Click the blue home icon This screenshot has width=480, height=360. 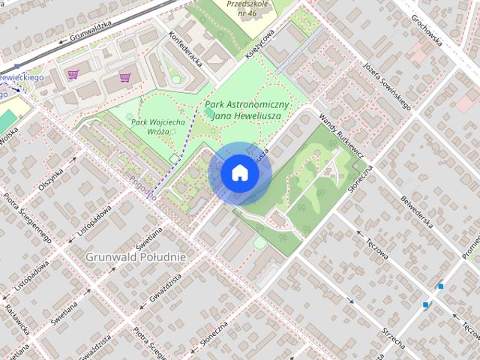coord(240,173)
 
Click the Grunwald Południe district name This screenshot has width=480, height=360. coord(135,256)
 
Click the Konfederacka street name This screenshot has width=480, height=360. coord(186,48)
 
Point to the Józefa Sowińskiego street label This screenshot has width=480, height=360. coord(386,85)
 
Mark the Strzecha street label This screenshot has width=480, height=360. coord(393,337)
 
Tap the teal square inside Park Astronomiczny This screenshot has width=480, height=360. coord(208,112)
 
